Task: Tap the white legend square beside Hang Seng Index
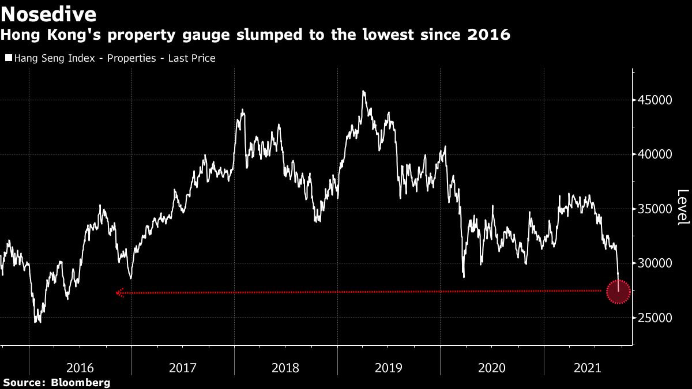click(x=8, y=58)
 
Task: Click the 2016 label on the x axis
click(x=81, y=367)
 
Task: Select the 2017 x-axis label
click(x=183, y=367)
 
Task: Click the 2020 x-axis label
click(x=492, y=367)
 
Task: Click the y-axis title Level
click(x=682, y=207)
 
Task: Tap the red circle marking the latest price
click(x=618, y=292)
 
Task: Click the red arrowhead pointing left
click(x=119, y=293)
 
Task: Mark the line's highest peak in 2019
click(x=363, y=91)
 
